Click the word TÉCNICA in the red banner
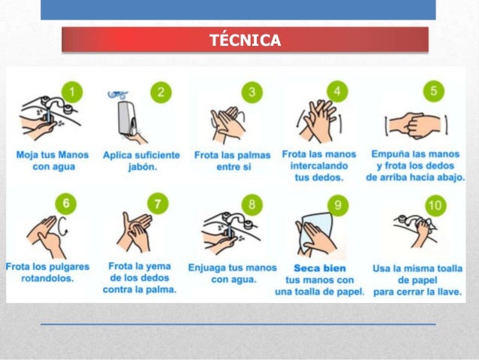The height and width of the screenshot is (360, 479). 245,40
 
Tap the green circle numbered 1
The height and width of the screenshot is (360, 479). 72,92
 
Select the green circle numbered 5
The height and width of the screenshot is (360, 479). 434,91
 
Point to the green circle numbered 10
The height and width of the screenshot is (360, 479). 436,205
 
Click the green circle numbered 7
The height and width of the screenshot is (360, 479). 158,204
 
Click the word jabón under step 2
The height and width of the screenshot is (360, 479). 143,167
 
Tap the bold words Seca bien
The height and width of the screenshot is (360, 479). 320,268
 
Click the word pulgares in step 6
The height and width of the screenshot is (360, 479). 69,267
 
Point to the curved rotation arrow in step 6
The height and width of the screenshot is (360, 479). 64,226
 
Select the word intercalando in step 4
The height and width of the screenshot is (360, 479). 319,166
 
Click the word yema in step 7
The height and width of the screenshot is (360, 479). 160,266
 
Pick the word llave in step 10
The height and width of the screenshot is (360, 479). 449,292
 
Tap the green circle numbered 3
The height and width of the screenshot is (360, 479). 252,92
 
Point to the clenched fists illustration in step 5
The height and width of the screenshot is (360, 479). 416,126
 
